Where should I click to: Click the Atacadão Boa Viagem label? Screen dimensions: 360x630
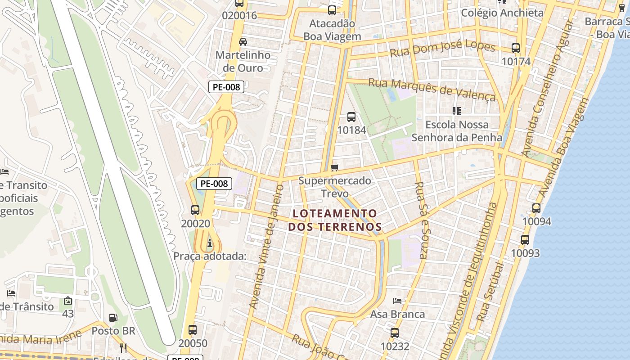click(x=332, y=30)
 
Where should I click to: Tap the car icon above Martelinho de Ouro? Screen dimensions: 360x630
click(x=243, y=42)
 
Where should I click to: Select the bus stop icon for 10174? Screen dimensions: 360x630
click(x=516, y=48)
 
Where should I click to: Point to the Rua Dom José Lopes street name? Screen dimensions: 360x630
click(x=442, y=50)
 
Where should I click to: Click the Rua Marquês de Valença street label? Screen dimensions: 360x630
click(x=432, y=89)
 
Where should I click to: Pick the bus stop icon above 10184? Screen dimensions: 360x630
click(x=351, y=117)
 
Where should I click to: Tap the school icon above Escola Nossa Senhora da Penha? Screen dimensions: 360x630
click(x=457, y=111)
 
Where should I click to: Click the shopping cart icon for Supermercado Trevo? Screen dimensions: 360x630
click(x=334, y=168)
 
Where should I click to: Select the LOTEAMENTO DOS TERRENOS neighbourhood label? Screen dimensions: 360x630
click(x=335, y=220)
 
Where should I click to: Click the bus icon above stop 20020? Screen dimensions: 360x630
click(x=195, y=210)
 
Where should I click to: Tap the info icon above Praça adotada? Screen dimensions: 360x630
click(x=209, y=244)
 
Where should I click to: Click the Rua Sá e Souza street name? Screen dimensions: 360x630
click(x=420, y=220)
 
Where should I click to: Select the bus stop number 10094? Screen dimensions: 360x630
click(x=536, y=221)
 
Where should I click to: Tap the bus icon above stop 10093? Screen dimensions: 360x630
click(x=525, y=240)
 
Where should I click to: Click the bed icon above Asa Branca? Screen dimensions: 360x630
click(x=397, y=301)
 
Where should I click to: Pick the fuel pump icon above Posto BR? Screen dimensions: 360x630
click(x=113, y=318)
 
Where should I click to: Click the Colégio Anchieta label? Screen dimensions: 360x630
click(x=502, y=13)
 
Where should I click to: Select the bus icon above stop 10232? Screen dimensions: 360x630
click(x=395, y=333)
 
